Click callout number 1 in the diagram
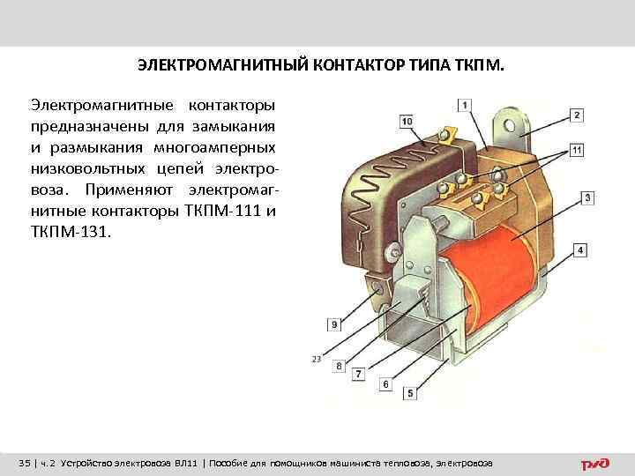(465, 105)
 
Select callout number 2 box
(576, 115)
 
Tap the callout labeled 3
(587, 197)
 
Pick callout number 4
(579, 251)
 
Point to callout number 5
(410, 392)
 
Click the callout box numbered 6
(385, 385)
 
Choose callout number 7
(358, 375)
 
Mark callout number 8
(339, 365)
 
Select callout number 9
(334, 324)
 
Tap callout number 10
(406, 121)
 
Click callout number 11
(576, 150)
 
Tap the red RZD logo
(594, 464)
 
